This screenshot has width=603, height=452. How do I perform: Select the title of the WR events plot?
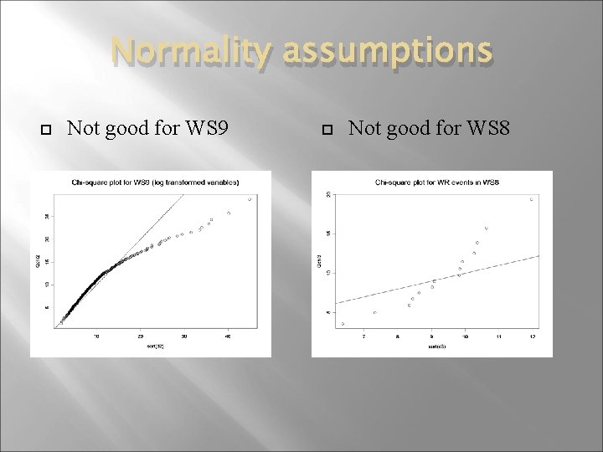click(x=432, y=182)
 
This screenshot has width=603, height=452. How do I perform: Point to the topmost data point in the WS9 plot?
click(x=250, y=198)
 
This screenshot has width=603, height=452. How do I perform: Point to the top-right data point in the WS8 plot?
click(x=531, y=199)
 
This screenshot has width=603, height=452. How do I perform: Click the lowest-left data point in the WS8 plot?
click(x=343, y=323)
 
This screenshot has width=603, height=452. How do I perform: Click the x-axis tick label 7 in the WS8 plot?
click(x=363, y=336)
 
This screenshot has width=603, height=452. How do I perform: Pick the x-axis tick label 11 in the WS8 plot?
click(x=499, y=336)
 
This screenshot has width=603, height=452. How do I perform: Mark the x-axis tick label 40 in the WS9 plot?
click(x=228, y=336)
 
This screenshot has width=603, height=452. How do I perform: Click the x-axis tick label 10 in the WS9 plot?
click(x=96, y=336)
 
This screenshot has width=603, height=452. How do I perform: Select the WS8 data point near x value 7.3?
click(x=374, y=312)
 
